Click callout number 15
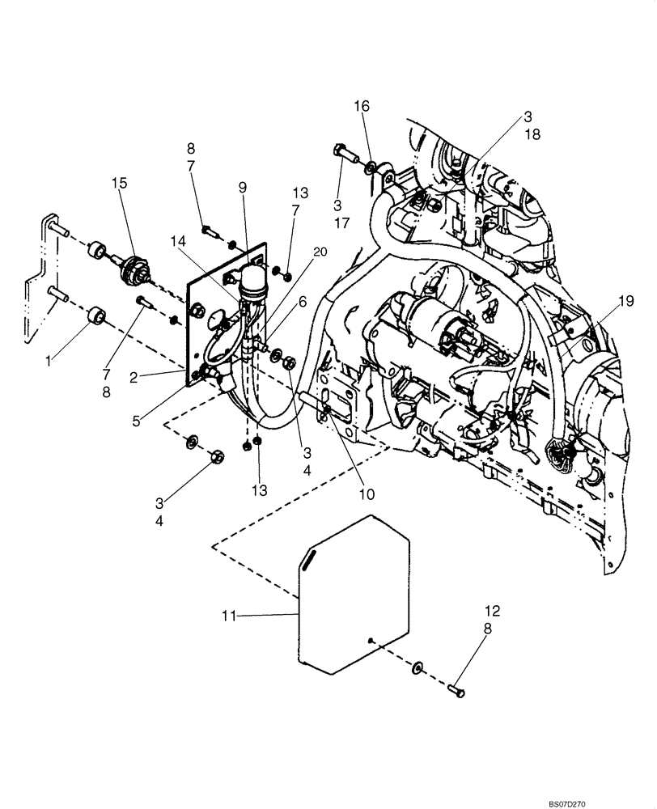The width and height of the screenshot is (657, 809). tap(120, 184)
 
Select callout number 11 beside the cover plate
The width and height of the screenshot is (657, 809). tap(229, 616)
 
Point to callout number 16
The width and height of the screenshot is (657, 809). tap(362, 106)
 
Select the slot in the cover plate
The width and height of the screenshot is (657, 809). tap(308, 559)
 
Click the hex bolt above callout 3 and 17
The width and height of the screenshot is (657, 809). tap(341, 152)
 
